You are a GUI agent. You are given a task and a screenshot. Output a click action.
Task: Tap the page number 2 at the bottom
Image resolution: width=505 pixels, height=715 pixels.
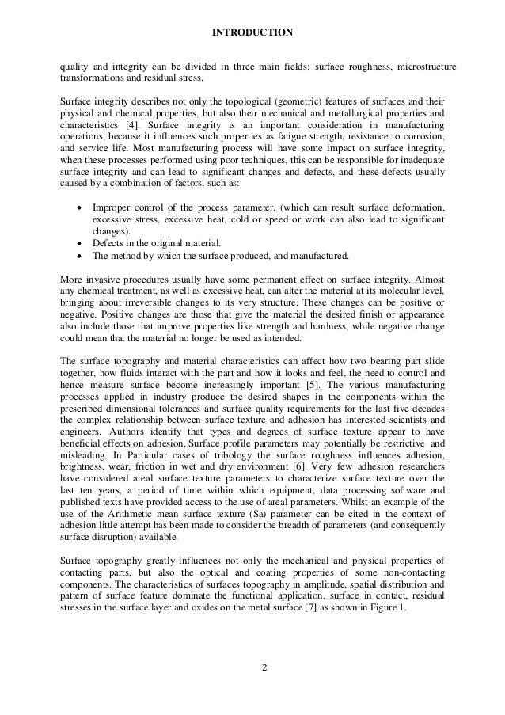pos(265,666)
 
